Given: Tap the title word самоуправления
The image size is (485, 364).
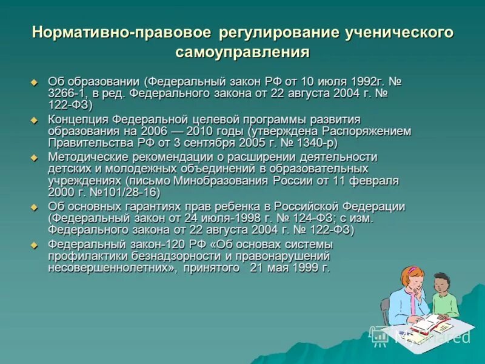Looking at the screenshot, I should pyautogui.click(x=242, y=52).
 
